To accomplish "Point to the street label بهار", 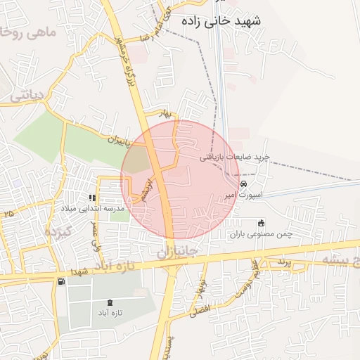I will point(165,113).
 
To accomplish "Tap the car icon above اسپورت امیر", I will point(243,184).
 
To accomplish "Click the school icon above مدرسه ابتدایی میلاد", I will point(92,198).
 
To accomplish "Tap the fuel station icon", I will point(62,281).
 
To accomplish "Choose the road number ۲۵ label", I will point(9,212).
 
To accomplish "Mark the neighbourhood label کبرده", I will point(59,231).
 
